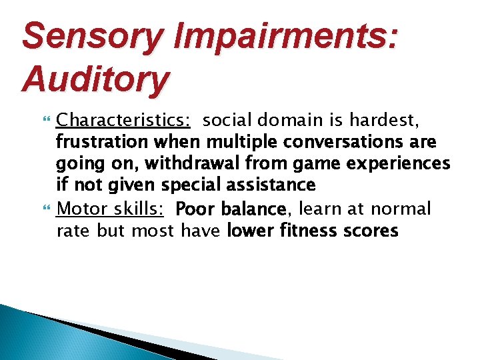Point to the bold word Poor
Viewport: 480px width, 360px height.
(x=193, y=209)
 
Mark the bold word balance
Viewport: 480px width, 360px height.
(x=253, y=209)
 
